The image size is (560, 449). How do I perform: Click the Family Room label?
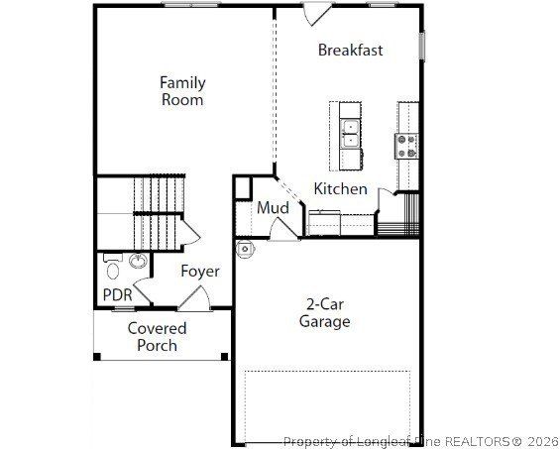point(182,91)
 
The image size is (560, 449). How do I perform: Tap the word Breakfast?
point(350,51)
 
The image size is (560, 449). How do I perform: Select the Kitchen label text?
point(340,189)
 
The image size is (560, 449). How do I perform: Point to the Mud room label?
point(273,208)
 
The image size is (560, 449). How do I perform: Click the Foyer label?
point(199,272)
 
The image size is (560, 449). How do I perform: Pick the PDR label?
point(117,294)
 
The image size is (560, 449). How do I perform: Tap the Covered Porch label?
point(157,337)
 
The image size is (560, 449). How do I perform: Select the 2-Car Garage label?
point(325,313)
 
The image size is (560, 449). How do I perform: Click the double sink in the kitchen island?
point(350,133)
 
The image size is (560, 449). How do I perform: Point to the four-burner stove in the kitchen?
point(407,146)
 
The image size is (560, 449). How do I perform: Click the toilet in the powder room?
point(113,267)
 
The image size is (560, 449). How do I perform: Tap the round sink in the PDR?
point(137,263)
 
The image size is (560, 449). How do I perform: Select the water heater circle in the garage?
point(244,249)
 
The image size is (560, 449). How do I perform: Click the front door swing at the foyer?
point(195,296)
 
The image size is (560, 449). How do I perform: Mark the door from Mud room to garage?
point(283,228)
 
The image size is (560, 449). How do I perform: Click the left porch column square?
point(97,356)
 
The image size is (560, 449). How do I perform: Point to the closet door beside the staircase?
point(189,234)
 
